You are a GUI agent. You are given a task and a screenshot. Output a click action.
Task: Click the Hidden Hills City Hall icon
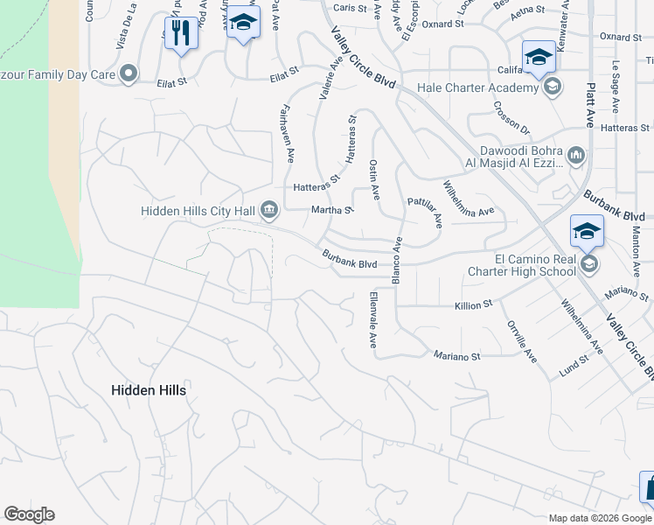[269, 209]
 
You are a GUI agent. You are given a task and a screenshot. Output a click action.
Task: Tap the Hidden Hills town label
[149, 390]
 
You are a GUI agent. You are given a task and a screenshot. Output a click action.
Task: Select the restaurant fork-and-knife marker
[181, 33]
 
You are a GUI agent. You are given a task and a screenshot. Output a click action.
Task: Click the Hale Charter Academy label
[477, 87]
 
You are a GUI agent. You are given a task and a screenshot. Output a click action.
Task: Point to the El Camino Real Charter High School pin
[587, 231]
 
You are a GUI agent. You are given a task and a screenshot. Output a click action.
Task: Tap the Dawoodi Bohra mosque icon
[575, 157]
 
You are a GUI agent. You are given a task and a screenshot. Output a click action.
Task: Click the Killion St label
[474, 306]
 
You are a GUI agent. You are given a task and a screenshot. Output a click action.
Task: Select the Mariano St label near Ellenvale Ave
[457, 356]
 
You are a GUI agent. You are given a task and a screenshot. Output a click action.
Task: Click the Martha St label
[331, 210]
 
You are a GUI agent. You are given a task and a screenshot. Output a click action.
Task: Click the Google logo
[29, 514]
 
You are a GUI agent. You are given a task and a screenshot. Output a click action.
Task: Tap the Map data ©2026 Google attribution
[600, 518]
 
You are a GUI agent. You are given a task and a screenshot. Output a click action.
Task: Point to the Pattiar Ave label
[425, 213]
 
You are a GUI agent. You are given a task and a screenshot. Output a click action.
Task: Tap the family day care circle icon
[129, 73]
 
